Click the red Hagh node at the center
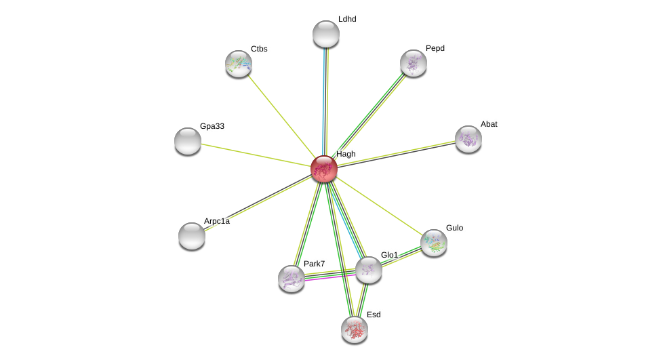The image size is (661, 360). click(x=324, y=169)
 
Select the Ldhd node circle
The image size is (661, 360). click(x=326, y=34)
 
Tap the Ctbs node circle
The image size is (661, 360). click(x=239, y=64)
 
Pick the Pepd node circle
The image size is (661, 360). click(x=414, y=63)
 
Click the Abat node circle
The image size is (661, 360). click(x=468, y=139)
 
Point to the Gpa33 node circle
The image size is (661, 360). click(x=188, y=141)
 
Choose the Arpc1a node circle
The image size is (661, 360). click(x=192, y=236)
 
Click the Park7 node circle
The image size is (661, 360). click(x=292, y=279)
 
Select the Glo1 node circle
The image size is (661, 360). click(x=369, y=270)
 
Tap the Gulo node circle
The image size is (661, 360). click(x=434, y=243)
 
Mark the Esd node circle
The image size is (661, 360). click(x=355, y=329)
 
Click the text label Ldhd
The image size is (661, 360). click(x=347, y=19)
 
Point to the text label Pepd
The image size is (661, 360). click(x=435, y=48)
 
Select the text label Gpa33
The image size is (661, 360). click(x=212, y=126)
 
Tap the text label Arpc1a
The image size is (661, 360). click(x=217, y=221)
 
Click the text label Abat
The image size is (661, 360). click(x=489, y=124)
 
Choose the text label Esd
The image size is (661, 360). click(x=374, y=315)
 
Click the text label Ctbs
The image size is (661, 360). click(x=259, y=49)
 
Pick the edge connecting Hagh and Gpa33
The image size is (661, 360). click(x=256, y=155)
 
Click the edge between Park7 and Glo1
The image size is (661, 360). click(x=330, y=275)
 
